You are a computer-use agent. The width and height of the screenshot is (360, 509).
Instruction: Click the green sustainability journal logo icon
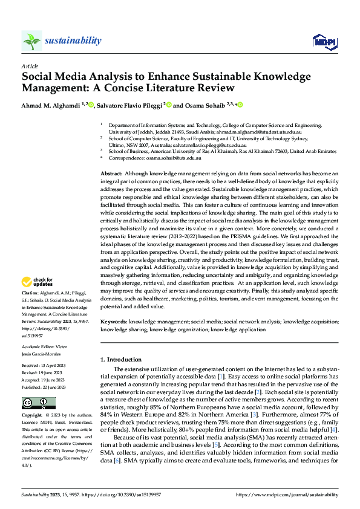pyautogui.click(x=31, y=41)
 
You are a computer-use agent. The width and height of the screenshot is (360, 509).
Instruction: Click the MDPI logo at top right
pyautogui.click(x=324, y=41)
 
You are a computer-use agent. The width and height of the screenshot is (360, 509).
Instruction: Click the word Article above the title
pyautogui.click(x=29, y=66)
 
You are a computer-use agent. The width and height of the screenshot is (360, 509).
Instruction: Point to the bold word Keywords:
pyautogui.click(x=114, y=323)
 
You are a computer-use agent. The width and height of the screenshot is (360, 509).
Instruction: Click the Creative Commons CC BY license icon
pyautogui.click(x=38, y=403)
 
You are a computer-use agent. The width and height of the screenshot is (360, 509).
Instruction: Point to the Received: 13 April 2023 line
pyautogui.click(x=48, y=366)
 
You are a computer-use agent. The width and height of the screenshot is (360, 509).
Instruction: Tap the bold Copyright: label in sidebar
pyautogui.click(x=33, y=416)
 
